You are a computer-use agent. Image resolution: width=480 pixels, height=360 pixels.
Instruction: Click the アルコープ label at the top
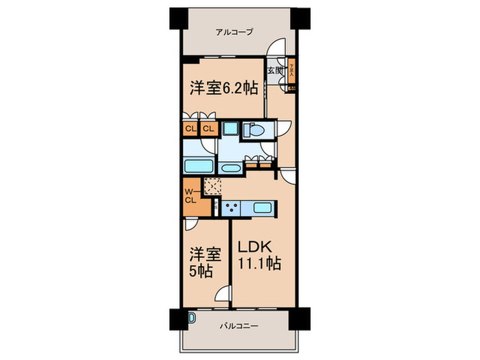[x=235, y=32]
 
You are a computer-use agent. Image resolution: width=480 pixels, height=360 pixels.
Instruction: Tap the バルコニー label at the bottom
[x=239, y=326]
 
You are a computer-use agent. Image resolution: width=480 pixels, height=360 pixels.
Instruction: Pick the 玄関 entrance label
[x=275, y=70]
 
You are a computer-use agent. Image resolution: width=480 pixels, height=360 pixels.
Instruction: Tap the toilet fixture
[x=254, y=130]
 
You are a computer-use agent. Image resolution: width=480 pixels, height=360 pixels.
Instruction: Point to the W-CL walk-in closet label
[x=190, y=195]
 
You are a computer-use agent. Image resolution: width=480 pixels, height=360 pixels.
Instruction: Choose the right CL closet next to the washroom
[x=208, y=128]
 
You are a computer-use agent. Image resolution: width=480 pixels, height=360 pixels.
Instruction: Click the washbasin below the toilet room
[x=229, y=167]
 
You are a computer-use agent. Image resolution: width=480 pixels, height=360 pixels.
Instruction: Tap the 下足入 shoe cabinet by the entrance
[x=292, y=71]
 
